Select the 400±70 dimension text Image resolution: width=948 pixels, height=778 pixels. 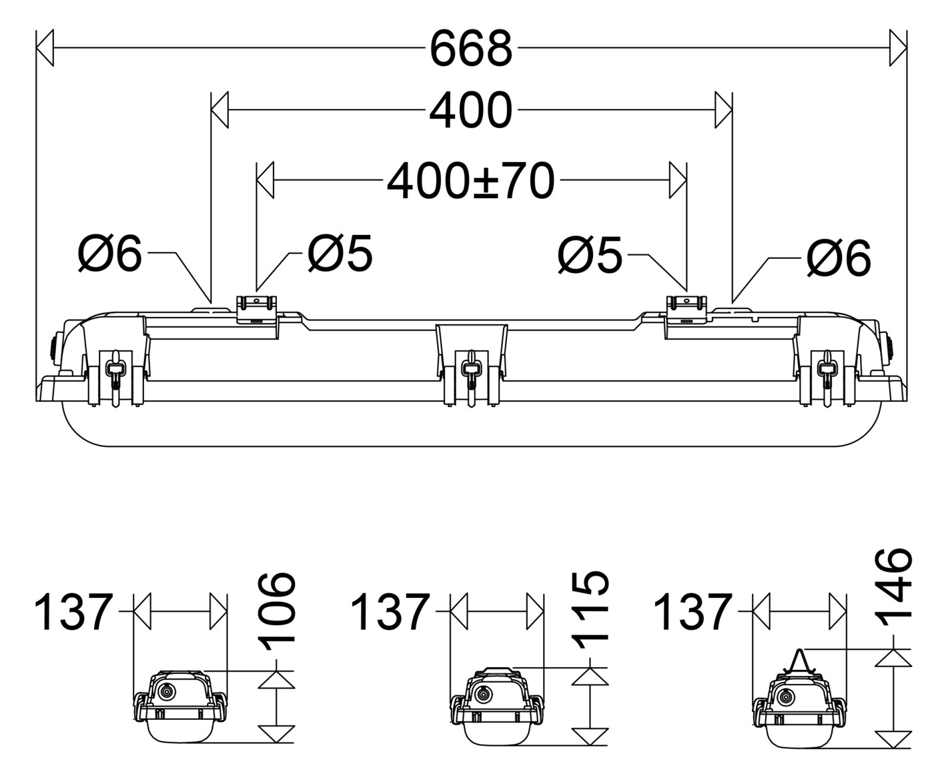tap(471, 181)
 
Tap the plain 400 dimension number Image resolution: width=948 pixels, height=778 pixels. tap(471, 109)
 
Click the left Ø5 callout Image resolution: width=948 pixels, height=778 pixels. tap(340, 253)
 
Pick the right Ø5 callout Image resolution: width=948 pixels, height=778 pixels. tap(590, 254)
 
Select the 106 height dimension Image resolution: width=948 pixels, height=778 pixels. tap(278, 612)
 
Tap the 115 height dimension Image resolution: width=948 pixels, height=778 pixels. tap(590, 610)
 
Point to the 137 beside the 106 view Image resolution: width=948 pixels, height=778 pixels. tap(73, 612)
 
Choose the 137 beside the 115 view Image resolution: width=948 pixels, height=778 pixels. tap(390, 612)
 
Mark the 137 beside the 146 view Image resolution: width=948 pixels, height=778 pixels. tap(692, 612)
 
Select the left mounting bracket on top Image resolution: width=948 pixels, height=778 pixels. tap(256, 310)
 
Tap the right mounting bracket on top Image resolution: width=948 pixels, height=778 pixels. tap(686, 310)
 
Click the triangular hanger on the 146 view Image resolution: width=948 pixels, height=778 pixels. tap(800, 663)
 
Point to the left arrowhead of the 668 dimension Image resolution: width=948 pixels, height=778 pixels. tap(45, 47)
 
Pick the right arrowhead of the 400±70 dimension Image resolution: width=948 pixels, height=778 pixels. tap(678, 180)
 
